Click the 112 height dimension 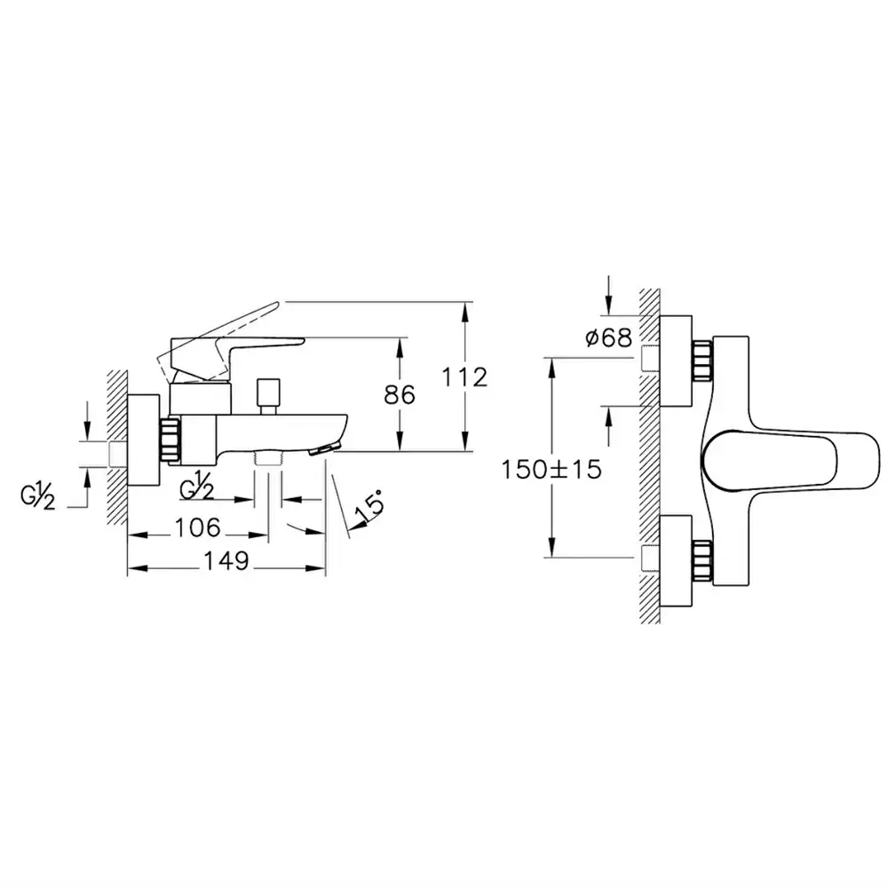pos(464,377)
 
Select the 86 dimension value pos(400,395)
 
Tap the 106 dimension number pos(198,527)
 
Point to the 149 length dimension pos(226,560)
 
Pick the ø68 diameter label pos(609,338)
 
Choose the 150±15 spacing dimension pos(551,470)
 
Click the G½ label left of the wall pos(37,497)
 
